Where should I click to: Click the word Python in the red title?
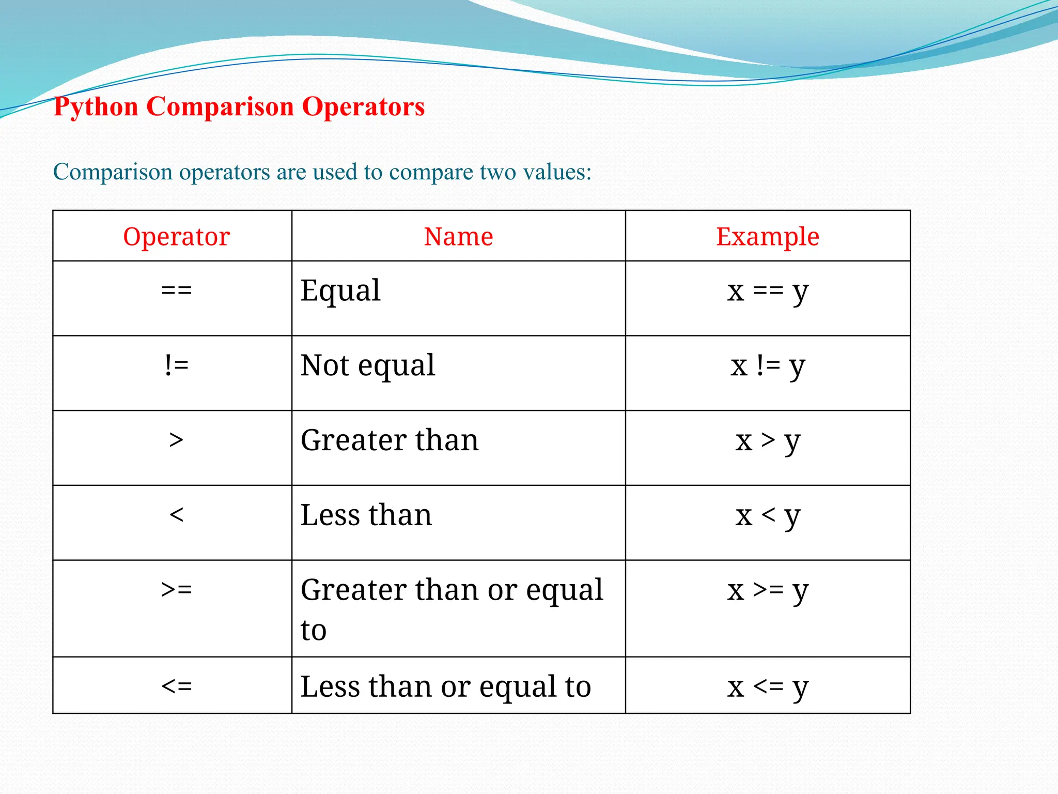tap(96, 108)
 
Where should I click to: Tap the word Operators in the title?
tap(363, 106)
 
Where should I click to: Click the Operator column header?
tap(176, 237)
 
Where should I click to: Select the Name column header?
tap(458, 237)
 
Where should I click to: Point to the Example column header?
tap(767, 237)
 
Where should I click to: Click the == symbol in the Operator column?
tap(176, 290)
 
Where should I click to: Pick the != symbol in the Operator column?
tap(176, 365)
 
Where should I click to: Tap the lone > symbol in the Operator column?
tap(176, 440)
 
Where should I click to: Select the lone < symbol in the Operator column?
tap(176, 515)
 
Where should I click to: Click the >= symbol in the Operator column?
tap(176, 589)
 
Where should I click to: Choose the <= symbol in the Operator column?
tap(176, 686)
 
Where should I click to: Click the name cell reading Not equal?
tap(368, 365)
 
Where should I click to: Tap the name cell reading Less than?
tap(366, 515)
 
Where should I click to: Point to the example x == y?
tap(768, 291)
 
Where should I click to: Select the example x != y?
tap(768, 366)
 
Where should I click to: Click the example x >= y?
tap(768, 590)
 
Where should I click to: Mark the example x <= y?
tap(768, 687)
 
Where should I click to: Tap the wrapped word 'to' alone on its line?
tap(314, 630)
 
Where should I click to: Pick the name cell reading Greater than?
tap(390, 440)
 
